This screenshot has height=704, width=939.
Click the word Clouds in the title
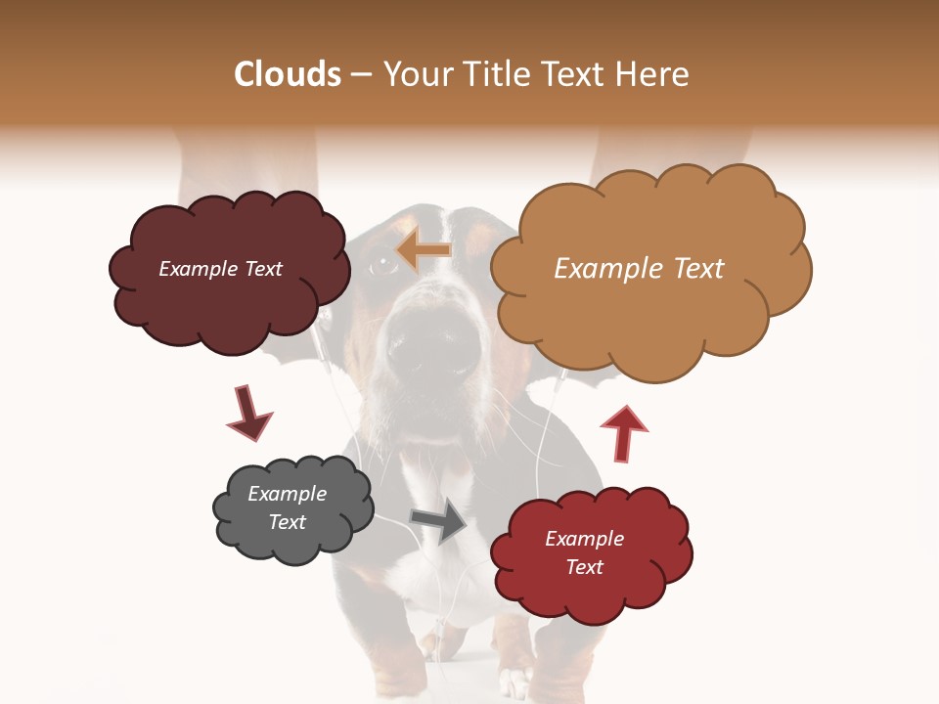tap(287, 74)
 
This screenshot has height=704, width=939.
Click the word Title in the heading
tap(499, 74)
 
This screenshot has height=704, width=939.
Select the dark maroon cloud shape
tap(229, 293)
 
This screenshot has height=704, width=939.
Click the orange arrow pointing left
tap(425, 251)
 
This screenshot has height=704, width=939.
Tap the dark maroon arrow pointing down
tap(248, 414)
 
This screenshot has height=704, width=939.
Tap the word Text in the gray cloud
tap(287, 522)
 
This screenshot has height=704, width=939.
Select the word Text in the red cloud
tap(584, 567)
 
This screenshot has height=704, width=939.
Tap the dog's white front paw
tap(515, 682)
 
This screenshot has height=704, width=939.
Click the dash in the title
tap(360, 74)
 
